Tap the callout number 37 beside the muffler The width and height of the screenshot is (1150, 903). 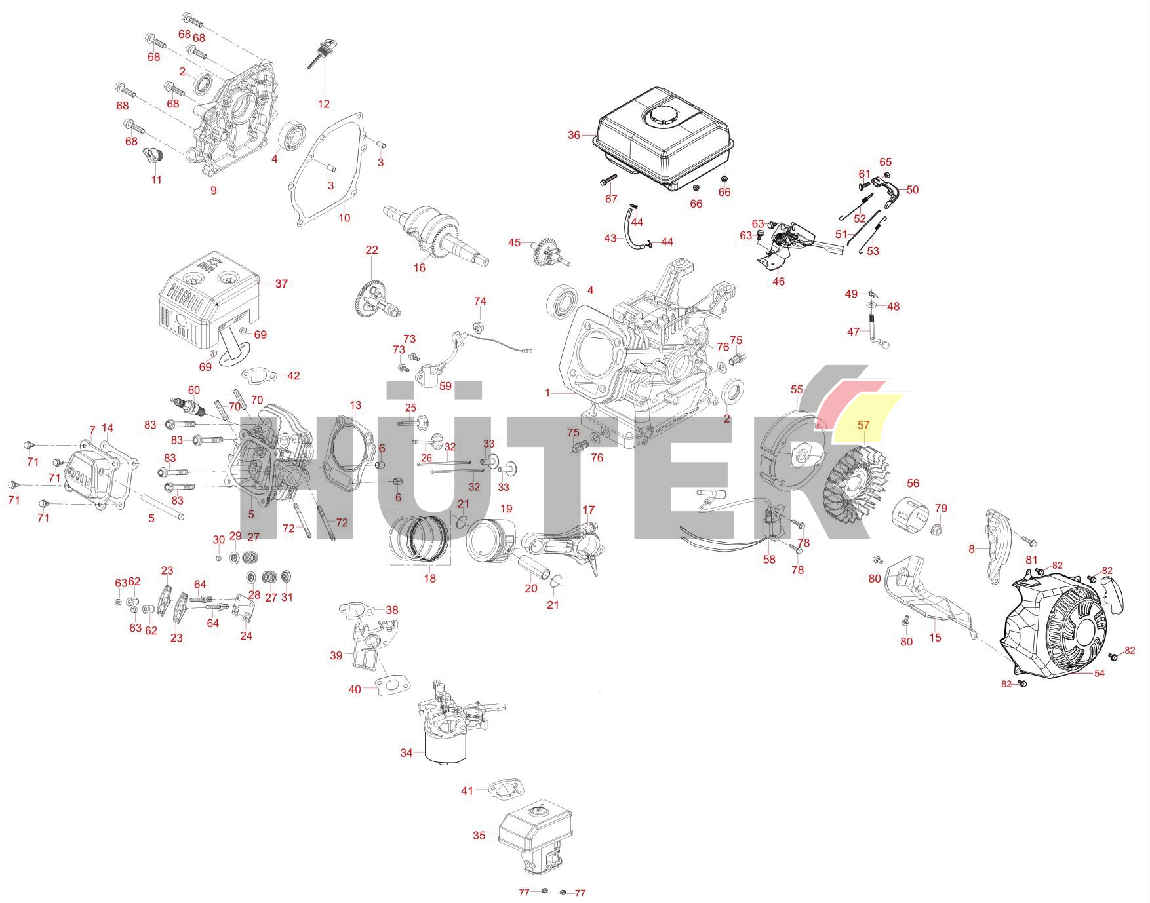[281, 284]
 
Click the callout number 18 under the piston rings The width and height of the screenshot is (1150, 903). [429, 578]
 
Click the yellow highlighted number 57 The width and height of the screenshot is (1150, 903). [863, 425]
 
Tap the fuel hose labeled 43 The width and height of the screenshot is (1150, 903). [633, 233]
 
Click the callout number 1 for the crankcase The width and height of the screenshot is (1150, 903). [547, 393]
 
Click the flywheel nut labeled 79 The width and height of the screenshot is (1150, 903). [937, 528]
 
